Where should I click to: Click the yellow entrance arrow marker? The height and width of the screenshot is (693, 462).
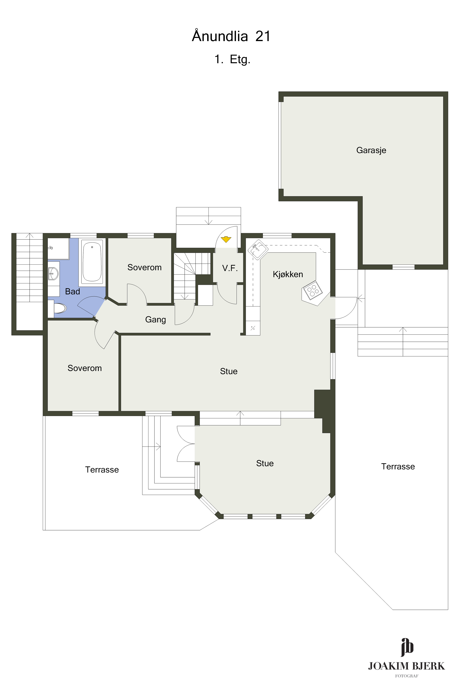pos(226,239)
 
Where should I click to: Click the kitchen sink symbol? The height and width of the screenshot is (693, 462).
pos(258,250)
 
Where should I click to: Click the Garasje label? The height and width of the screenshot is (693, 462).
pos(371,150)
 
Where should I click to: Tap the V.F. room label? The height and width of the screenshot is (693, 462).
pos(230,268)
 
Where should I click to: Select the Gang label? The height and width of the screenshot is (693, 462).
pos(156,320)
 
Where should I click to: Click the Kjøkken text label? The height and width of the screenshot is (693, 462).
pos(288,274)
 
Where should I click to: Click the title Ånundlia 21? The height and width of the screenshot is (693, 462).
pos(231,36)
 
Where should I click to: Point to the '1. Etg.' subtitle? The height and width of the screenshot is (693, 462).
pos(232,59)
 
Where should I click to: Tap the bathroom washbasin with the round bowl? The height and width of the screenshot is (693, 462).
pos(53,274)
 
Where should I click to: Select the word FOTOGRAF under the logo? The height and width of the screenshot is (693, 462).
pos(407,676)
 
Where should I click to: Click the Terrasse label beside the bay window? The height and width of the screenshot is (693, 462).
pos(102,470)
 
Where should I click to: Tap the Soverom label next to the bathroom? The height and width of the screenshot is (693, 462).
pos(144,267)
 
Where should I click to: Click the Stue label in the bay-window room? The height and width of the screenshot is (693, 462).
pos(265,463)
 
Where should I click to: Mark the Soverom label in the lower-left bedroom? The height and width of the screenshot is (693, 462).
pos(85,368)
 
